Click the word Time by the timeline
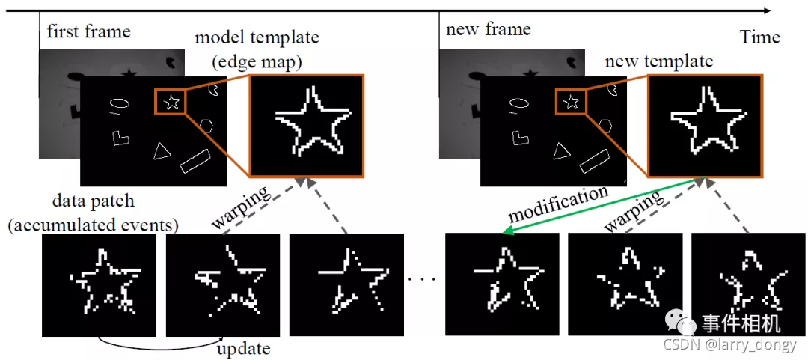pyautogui.click(x=759, y=37)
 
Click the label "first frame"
pyautogui.click(x=88, y=31)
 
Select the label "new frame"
pyautogui.click(x=488, y=30)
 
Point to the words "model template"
pyautogui.click(x=256, y=37)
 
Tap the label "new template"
pyautogui.click(x=658, y=61)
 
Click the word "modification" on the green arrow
pyautogui.click(x=558, y=204)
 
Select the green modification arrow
pyautogui.click(x=599, y=206)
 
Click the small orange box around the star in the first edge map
pyautogui.click(x=172, y=101)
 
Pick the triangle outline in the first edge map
pyautogui.click(x=161, y=151)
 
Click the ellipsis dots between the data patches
pyautogui.click(x=423, y=280)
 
